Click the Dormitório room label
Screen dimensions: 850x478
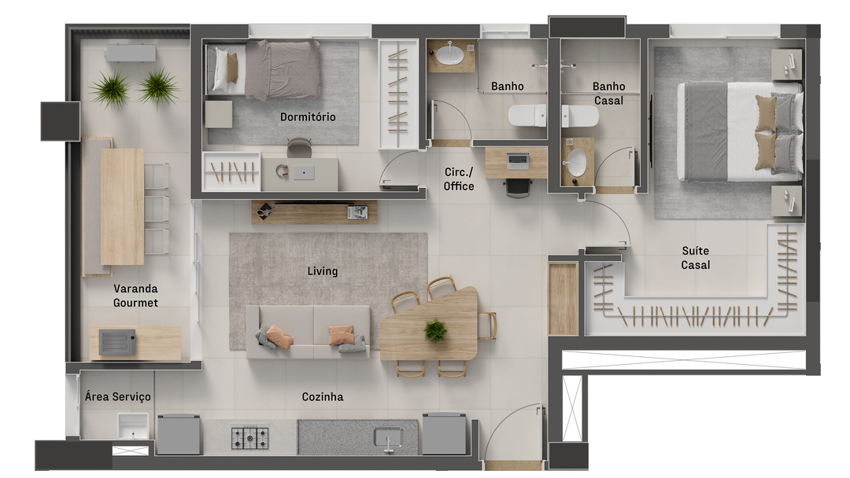[308, 117]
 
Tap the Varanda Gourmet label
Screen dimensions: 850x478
[135, 296]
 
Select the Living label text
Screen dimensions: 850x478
[323, 271]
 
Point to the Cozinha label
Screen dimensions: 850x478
[323, 397]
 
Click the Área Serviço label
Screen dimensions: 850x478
[117, 397]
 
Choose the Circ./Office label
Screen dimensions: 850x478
[459, 179]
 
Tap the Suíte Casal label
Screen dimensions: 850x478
[696, 258]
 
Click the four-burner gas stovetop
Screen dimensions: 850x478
[250, 438]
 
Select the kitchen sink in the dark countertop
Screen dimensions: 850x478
[388, 437]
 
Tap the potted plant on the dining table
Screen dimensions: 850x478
[435, 331]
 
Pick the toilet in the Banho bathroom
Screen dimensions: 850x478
[527, 116]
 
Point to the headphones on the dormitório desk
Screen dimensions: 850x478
[282, 171]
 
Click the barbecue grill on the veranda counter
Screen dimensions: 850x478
[117, 342]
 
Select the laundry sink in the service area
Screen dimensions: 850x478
[133, 426]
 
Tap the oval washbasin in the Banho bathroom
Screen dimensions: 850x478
[450, 54]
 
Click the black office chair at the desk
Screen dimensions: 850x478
[518, 188]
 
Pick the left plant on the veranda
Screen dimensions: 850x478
[112, 88]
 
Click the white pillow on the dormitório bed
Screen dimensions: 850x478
[220, 68]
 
